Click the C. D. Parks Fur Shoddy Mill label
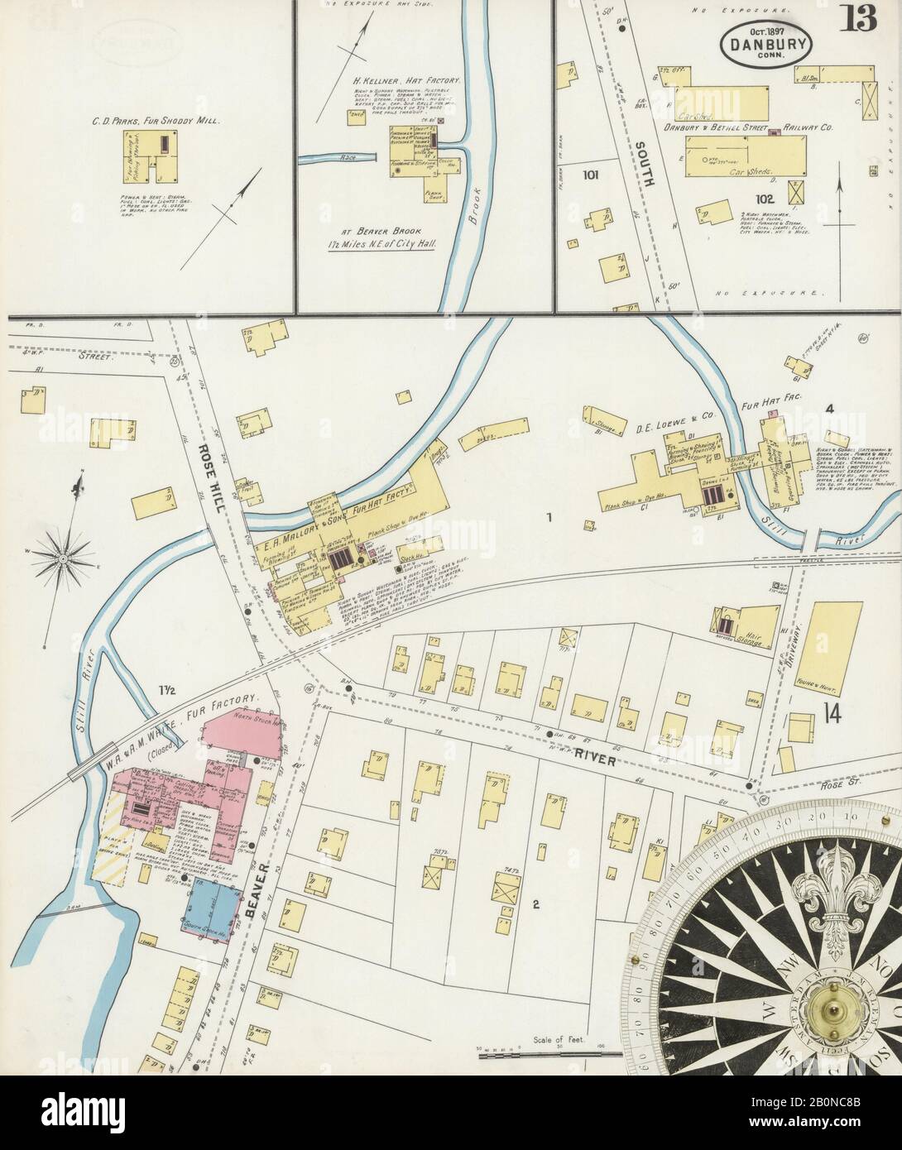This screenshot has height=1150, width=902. pos(155,121)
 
